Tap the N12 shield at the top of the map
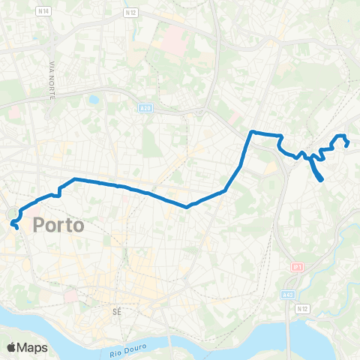click(131, 13)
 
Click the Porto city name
click(57, 225)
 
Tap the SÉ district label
click(115, 309)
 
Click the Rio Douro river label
click(125, 346)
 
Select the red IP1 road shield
click(297, 266)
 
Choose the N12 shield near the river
click(303, 307)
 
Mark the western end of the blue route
click(17, 226)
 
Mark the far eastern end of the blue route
click(346, 145)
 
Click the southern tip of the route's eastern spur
click(322, 180)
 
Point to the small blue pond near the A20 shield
click(93, 98)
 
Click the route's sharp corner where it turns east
click(251, 133)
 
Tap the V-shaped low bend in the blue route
click(187, 206)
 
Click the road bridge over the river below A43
click(289, 330)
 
